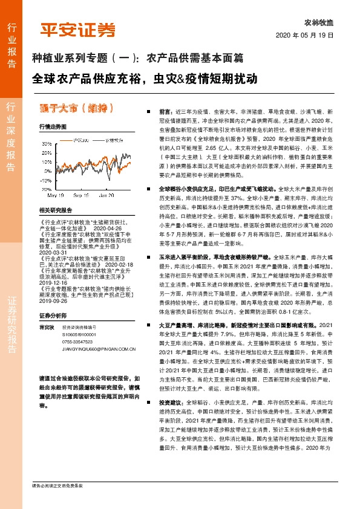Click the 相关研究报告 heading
click(x=55, y=210)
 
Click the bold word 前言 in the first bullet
click(x=166, y=112)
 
